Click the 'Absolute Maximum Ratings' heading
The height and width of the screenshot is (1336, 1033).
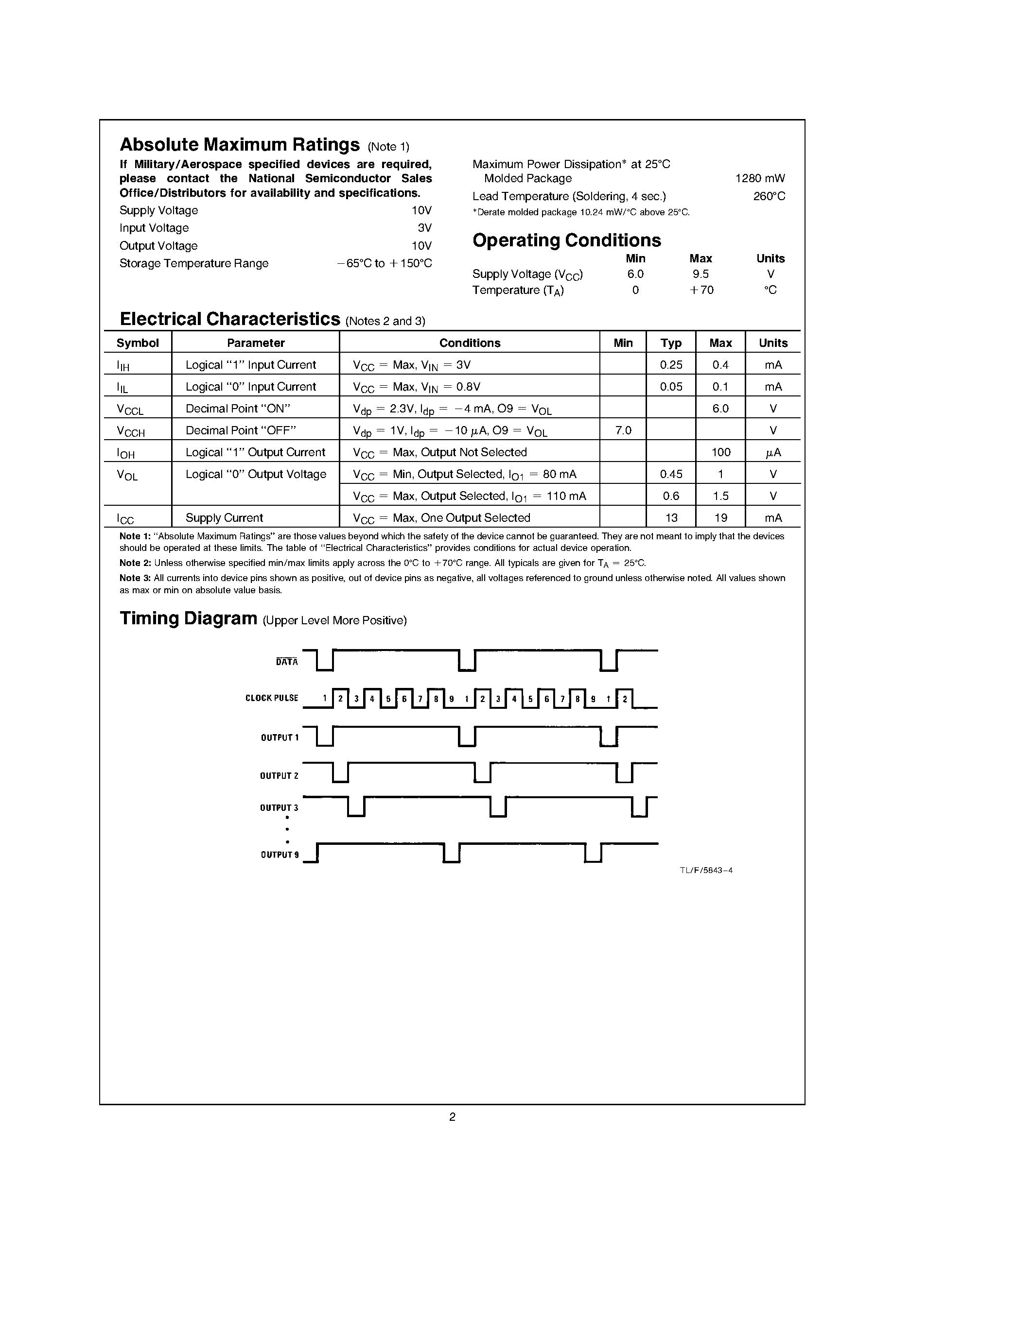pos(239,145)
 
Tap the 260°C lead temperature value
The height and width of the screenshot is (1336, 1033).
pos(769,196)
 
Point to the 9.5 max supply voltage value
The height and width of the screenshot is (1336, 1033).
pos(700,274)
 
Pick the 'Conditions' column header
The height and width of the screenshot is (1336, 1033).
pos(470,343)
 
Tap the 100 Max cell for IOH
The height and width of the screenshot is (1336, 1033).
pos(720,453)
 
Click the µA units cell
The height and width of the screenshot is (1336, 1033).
pos(773,453)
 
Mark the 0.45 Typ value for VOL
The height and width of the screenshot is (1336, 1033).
pos(671,475)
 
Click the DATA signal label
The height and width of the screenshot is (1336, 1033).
pos(286,662)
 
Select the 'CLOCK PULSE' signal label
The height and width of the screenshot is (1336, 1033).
pos(272,698)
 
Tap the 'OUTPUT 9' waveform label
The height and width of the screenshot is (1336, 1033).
pos(280,855)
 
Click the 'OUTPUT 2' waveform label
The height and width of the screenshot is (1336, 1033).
pos(279,776)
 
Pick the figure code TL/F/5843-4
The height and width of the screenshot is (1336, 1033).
pos(705,871)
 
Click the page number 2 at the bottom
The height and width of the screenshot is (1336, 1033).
pos(452,1117)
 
